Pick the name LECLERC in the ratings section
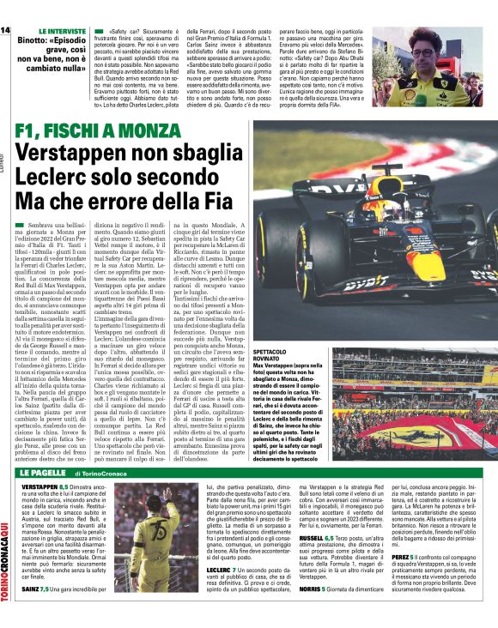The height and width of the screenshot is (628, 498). (x=222, y=571)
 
